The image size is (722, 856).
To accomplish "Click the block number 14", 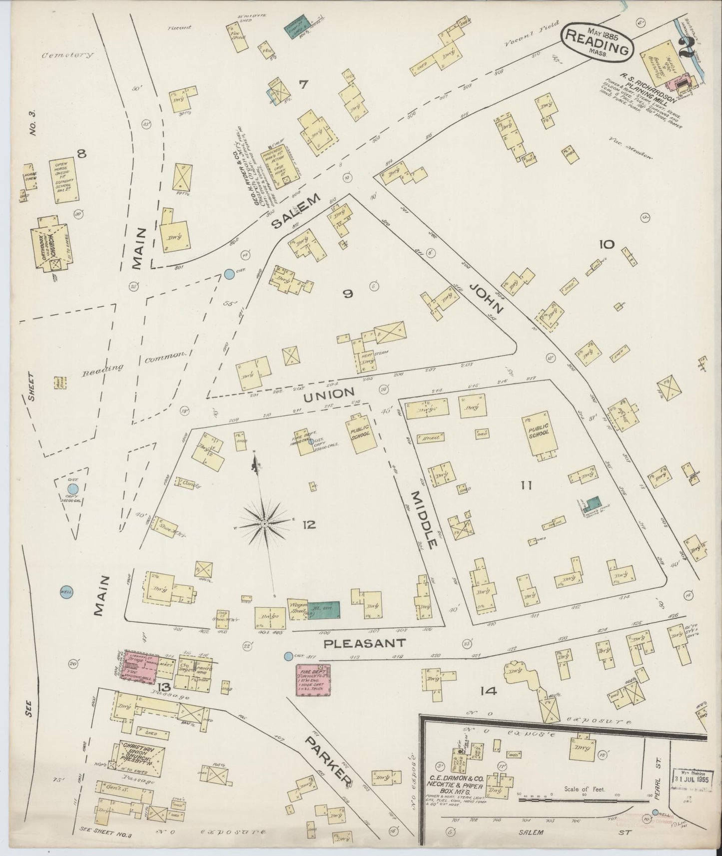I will point(488,691).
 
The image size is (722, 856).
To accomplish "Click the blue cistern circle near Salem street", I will point(229,274).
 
